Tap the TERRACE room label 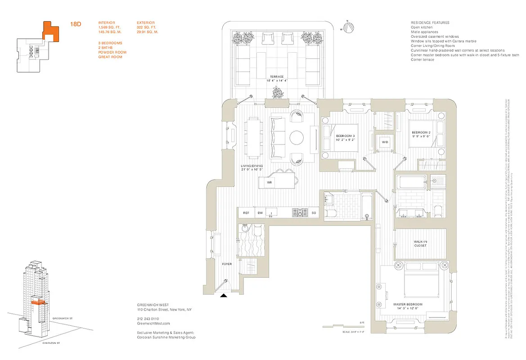[277, 76]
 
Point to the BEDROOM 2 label [421, 132]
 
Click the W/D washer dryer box [385, 142]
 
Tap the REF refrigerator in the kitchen [246, 213]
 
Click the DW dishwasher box [260, 213]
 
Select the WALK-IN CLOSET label [421, 243]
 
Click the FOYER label [227, 264]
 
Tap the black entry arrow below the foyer [223, 296]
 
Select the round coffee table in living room [297, 137]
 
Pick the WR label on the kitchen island [270, 183]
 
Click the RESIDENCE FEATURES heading [430, 22]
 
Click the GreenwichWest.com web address [153, 323]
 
